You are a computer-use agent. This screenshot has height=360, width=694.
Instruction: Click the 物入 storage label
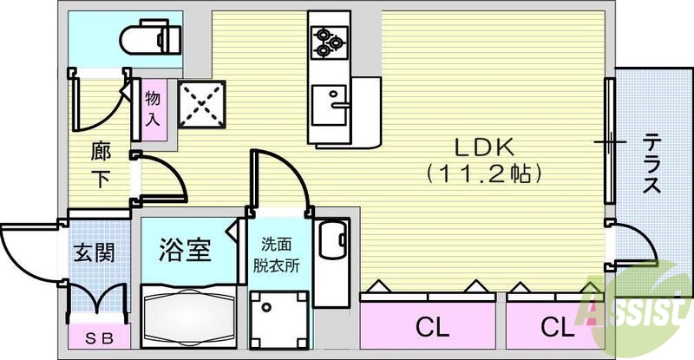point(153,108)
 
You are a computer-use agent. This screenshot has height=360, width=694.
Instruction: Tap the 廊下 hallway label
point(100,166)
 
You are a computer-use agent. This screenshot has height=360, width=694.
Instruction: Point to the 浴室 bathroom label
point(185,251)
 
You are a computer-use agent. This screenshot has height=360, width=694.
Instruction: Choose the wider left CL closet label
point(431,327)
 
